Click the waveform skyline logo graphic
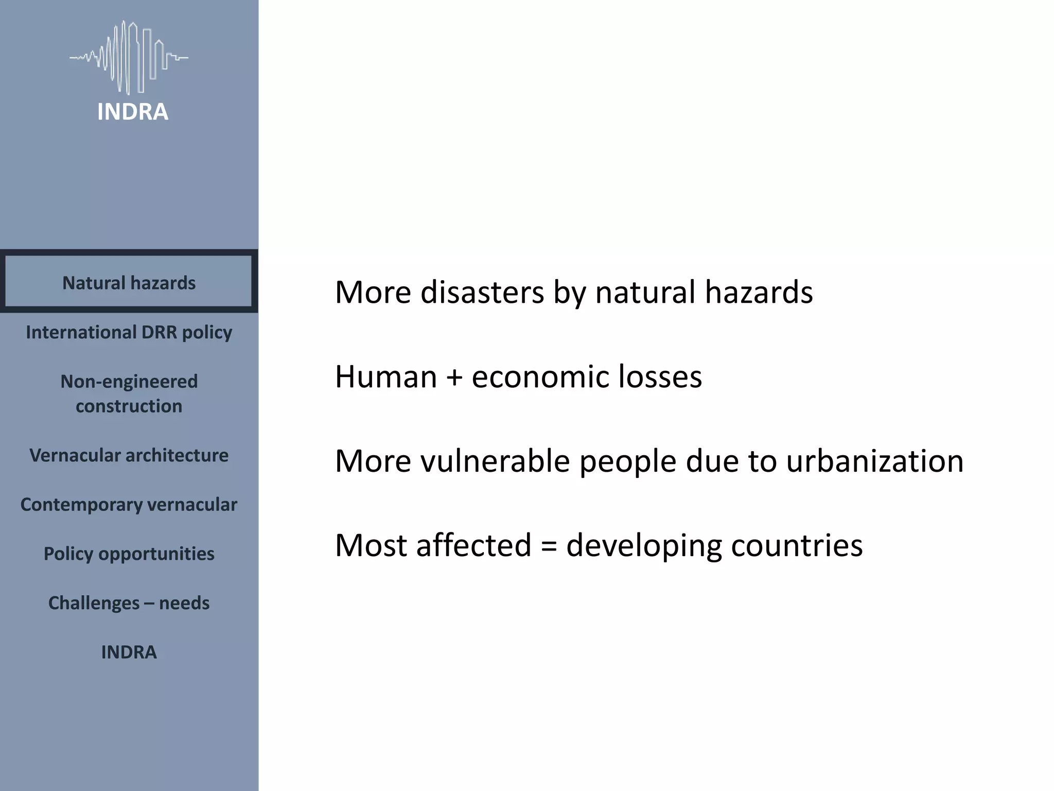(x=129, y=57)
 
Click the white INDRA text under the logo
(x=132, y=112)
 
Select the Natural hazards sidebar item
(x=129, y=283)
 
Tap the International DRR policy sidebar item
(x=129, y=332)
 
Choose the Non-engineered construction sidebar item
(x=129, y=393)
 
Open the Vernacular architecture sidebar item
(x=129, y=455)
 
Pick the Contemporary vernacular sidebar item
(x=129, y=505)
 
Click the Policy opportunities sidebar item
(x=129, y=554)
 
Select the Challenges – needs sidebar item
(x=129, y=603)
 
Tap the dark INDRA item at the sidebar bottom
(x=129, y=652)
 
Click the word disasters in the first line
(x=482, y=292)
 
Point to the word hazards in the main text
(x=759, y=292)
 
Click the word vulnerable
(x=495, y=460)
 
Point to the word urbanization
(x=874, y=460)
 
